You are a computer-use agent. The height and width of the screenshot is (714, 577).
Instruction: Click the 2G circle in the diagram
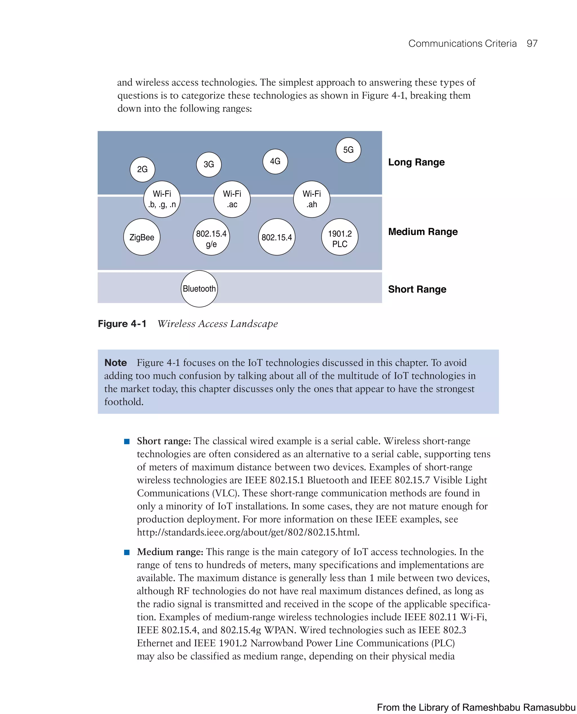[x=142, y=169]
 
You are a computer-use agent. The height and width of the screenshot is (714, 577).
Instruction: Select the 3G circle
[x=209, y=164]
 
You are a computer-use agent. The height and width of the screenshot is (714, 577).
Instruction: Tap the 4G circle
[x=275, y=161]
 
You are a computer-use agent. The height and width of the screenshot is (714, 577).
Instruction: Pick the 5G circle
[x=348, y=150]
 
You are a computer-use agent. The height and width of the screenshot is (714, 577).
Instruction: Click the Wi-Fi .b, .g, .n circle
[x=162, y=199]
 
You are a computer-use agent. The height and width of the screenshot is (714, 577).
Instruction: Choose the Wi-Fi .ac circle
[x=232, y=199]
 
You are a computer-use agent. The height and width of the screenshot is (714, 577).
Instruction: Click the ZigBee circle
[x=142, y=237]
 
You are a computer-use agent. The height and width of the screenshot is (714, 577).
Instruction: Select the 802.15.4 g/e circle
[x=211, y=237]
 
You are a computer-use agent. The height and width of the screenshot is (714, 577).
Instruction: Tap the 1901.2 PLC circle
[x=340, y=237]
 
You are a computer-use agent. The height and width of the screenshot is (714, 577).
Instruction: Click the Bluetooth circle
[x=199, y=289]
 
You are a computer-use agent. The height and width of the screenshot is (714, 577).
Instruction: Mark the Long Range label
[x=416, y=162]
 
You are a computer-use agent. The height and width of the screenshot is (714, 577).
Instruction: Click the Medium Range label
[x=423, y=232]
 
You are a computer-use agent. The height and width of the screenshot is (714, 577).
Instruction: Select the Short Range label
[x=417, y=289]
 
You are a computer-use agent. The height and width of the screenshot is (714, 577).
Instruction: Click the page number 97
[x=532, y=44]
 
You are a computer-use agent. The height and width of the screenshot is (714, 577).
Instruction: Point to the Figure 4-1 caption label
[x=122, y=324]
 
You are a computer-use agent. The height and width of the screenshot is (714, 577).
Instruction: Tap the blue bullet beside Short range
[x=127, y=442]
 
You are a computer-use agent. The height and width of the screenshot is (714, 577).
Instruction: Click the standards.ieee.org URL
[x=248, y=532]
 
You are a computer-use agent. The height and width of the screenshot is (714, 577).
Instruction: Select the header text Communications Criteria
[x=462, y=44]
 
